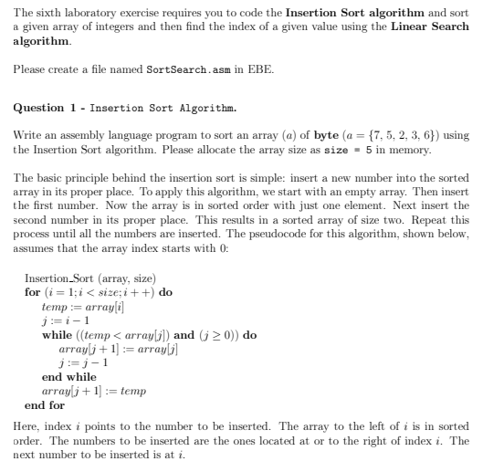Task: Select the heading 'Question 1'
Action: click(47, 107)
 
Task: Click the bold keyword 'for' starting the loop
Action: click(33, 292)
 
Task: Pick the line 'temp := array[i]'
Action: click(79, 308)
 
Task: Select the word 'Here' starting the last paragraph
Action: click(24, 426)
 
